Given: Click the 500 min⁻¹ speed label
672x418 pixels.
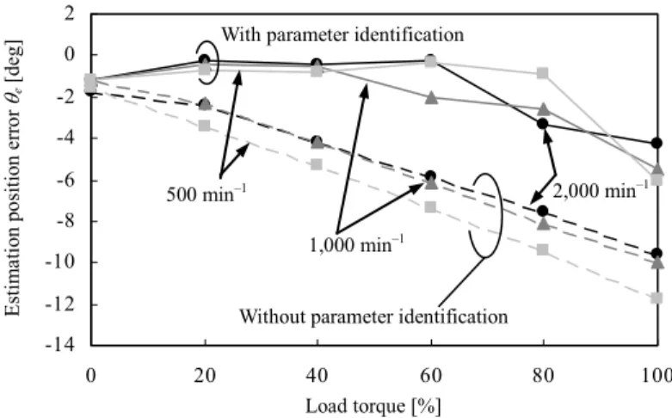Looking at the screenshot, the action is pos(207,194).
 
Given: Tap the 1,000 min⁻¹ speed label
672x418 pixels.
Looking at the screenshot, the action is pos(356,244).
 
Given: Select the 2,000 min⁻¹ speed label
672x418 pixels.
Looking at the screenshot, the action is pos(601,189).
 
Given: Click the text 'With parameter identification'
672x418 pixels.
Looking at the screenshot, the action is pos(342,34).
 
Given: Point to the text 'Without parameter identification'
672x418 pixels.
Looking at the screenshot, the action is pos(373,317).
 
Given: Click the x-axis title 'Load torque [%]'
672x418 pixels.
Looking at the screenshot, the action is pos(373,406).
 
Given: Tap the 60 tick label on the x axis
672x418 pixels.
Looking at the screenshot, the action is pos(430,376).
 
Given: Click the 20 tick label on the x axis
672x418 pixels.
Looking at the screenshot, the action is pos(205,376).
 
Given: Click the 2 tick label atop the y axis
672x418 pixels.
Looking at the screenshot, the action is pos(69,14).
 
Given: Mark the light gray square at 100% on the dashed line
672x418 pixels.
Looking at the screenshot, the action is pos(657,298).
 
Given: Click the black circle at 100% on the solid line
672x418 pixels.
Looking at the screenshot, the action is pos(657,143).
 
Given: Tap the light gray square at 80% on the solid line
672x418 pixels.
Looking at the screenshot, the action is pos(543,73).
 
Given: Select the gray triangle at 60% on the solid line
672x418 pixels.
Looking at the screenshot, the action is pos(431,97).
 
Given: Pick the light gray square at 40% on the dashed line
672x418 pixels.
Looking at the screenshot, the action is pos(317,164).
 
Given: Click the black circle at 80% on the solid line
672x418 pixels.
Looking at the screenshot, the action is pos(543,123).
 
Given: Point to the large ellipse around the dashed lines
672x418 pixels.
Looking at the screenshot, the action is pos(501,214).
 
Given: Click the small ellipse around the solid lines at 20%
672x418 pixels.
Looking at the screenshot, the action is pos(218,61).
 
